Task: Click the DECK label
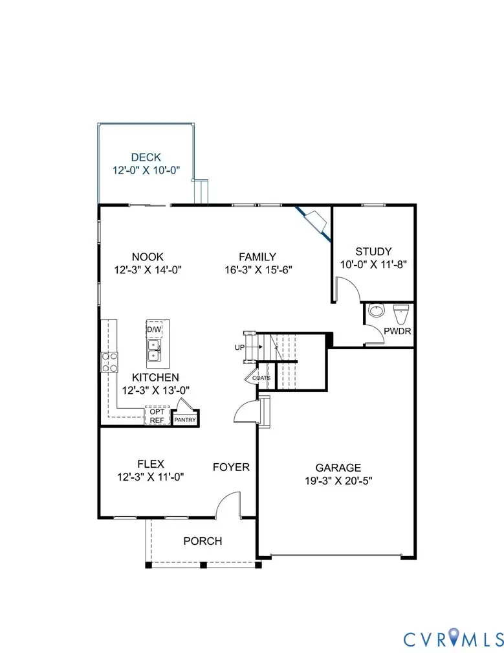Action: pos(146,157)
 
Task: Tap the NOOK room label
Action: pos(148,257)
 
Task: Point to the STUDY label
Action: pos(373,251)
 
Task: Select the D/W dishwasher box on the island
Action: pos(154,329)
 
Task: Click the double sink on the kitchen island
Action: pos(155,350)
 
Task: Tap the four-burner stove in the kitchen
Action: pos(109,361)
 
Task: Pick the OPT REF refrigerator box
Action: pos(157,416)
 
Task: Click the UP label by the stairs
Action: pos(239,348)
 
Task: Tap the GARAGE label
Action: pos(338,468)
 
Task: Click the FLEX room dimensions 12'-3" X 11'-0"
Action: pos(151,477)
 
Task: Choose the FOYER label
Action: pos(232,467)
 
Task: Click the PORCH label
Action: pos(202,541)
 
